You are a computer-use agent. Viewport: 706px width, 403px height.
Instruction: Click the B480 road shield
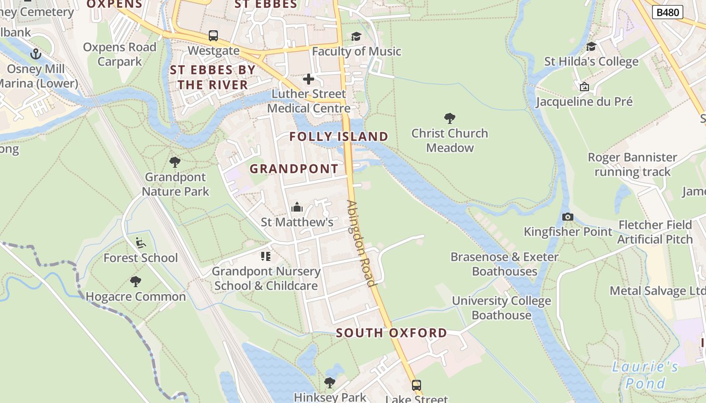pos(668,12)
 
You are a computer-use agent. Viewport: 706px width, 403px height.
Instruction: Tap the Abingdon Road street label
pos(362,243)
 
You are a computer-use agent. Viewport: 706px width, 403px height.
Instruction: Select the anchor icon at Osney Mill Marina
pos(35,53)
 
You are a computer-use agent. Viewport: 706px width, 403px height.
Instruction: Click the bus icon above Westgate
pos(213,36)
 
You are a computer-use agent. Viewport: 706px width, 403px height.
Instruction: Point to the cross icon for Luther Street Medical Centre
pos(308,79)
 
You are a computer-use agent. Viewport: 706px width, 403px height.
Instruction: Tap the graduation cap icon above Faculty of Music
pos(357,36)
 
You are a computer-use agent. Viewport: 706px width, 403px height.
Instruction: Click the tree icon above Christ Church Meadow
pos(449,118)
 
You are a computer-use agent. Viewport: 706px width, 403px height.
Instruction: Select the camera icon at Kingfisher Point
pos(567,217)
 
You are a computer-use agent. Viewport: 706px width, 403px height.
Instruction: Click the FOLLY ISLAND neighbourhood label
pos(338,137)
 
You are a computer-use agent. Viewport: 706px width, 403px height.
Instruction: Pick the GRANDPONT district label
pos(294,169)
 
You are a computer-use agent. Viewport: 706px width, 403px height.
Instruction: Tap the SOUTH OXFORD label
pos(391,333)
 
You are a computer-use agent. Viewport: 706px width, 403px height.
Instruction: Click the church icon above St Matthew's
pos(297,207)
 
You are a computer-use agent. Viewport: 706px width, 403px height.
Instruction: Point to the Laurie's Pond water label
pos(645,375)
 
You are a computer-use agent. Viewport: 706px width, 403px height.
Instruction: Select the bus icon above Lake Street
pos(416,385)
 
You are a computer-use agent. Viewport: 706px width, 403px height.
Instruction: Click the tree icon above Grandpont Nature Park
pos(175,162)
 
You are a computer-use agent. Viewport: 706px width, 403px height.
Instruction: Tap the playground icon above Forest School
pos(141,243)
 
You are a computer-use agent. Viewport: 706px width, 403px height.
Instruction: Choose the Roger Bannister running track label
pos(632,165)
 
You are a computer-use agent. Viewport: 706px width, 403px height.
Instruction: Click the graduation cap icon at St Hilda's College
pos(591,47)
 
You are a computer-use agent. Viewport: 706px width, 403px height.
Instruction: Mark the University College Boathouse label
pos(501,308)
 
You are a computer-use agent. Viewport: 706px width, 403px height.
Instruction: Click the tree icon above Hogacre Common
pos(135,281)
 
